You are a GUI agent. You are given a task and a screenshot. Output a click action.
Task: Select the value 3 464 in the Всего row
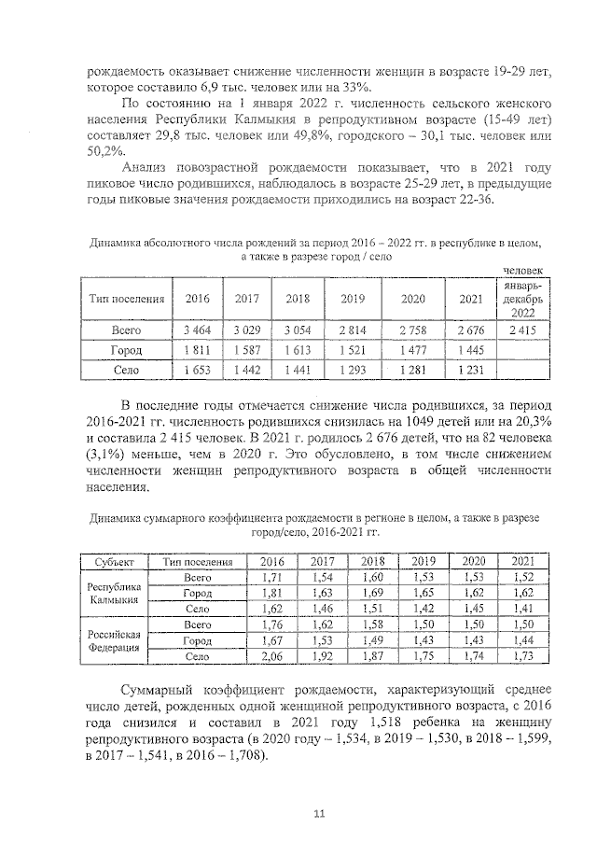tap(197, 330)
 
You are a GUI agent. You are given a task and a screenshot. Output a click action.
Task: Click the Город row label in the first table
tap(126, 350)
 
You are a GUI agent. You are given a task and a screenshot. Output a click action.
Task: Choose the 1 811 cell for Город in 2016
tap(197, 350)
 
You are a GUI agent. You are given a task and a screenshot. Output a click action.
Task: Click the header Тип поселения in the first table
tap(126, 299)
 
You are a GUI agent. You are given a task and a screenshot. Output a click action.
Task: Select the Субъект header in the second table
tap(113, 562)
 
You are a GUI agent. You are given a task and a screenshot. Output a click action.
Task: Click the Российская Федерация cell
tap(113, 640)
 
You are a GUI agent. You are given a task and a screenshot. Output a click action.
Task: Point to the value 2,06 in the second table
tap(271, 657)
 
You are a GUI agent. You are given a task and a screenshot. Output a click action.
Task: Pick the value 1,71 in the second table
tap(271, 578)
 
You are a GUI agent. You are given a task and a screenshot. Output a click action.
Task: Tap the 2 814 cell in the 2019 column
tap(352, 330)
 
